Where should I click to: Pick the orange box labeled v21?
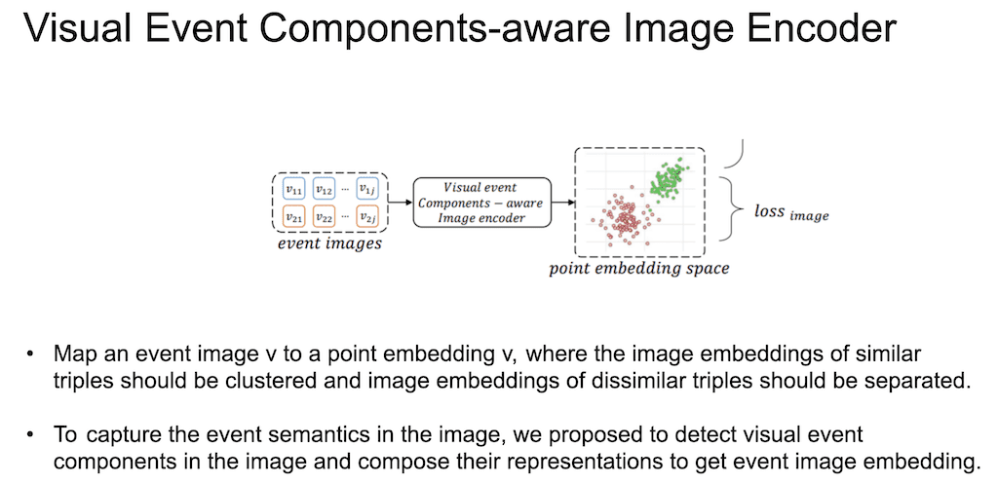tap(292, 217)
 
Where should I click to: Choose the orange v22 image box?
tap(326, 217)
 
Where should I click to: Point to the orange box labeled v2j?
tap(367, 217)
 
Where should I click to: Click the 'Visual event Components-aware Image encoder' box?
tap(481, 203)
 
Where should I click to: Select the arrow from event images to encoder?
tap(401, 203)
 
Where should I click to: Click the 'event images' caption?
tap(329, 244)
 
